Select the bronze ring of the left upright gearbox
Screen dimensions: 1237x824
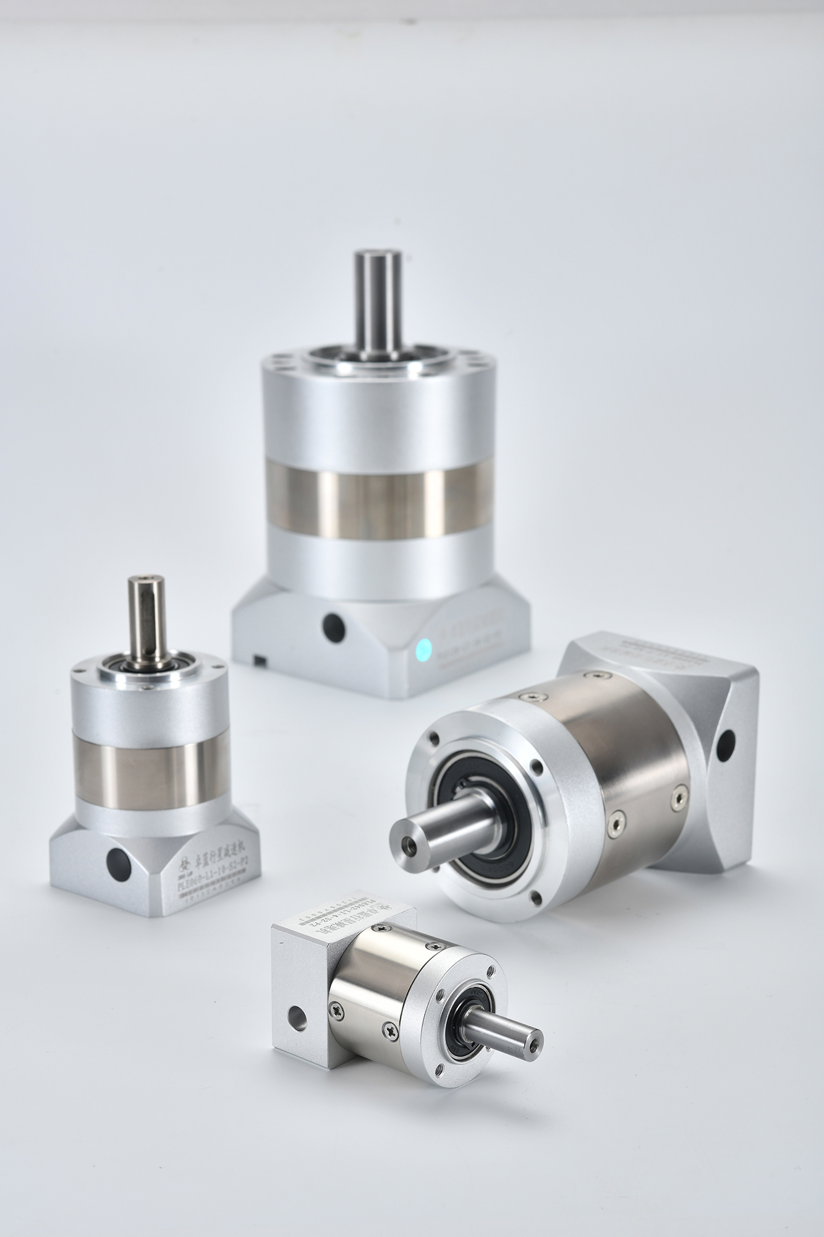tap(142, 776)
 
